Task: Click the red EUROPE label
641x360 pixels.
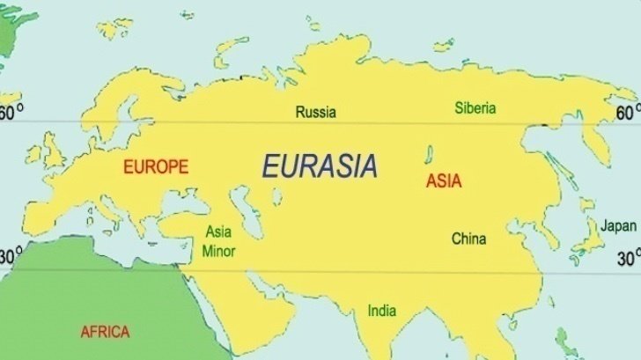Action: [156, 166]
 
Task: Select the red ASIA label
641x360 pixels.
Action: [444, 181]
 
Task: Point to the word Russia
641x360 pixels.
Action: [315, 112]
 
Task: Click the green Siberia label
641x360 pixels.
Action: [475, 108]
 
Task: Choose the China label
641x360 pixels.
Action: [468, 238]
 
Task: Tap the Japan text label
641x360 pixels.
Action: [618, 225]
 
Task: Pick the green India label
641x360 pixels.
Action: [381, 310]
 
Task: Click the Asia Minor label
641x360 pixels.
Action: [218, 241]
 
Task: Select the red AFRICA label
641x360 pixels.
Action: [105, 332]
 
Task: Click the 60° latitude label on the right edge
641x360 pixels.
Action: [628, 113]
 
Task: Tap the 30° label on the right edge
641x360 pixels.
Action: [628, 259]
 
